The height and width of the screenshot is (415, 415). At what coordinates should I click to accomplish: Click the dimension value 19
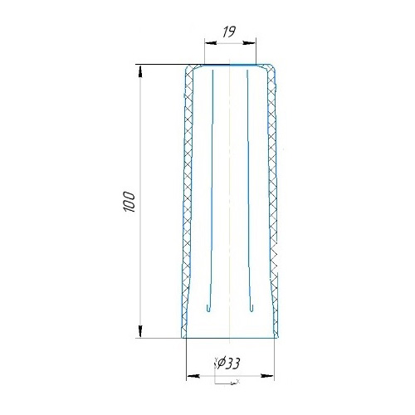point(229,32)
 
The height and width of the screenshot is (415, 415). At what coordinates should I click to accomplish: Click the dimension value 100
point(129,202)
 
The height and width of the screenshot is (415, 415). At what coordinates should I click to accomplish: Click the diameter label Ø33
point(228,364)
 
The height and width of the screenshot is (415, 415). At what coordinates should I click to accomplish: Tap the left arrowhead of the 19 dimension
point(210,43)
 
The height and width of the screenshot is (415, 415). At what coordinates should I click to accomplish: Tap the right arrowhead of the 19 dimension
point(249,43)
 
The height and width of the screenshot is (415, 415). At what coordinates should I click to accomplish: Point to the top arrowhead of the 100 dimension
point(140,71)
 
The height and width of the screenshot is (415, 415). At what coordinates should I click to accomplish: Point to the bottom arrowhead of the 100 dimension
point(140,331)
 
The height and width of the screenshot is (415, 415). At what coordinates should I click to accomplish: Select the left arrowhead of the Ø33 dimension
point(193,376)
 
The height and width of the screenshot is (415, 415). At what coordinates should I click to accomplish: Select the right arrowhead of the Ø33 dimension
point(267,376)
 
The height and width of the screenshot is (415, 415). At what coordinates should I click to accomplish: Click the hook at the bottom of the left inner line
point(208,309)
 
